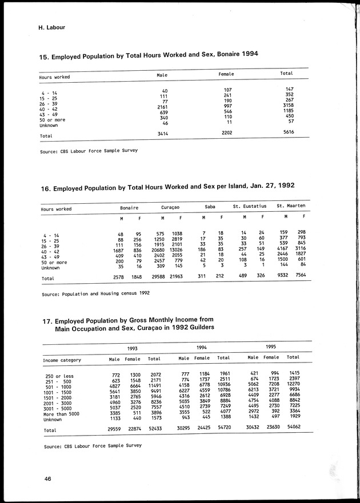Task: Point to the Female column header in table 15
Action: click(226, 74)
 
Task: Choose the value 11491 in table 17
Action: click(153, 387)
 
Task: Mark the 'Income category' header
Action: click(62, 360)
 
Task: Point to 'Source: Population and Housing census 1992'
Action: click(95, 293)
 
